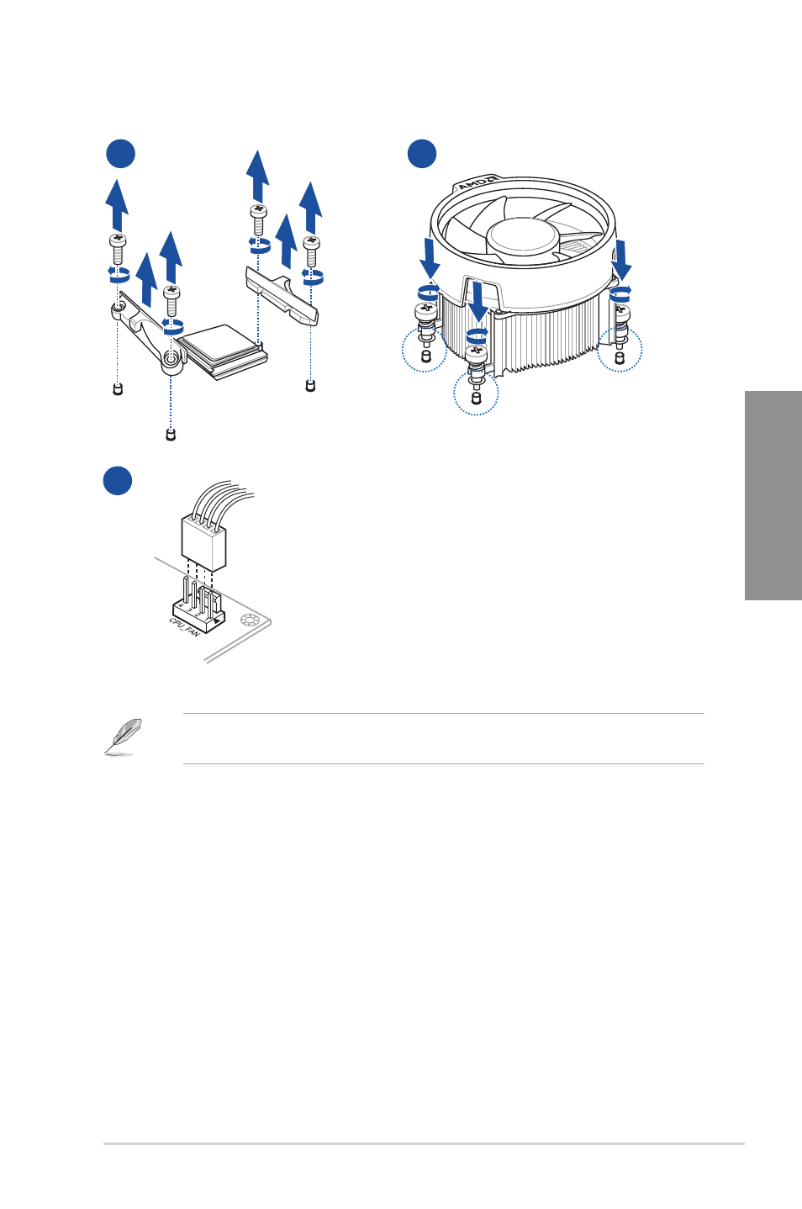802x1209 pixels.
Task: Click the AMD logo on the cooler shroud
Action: click(478, 182)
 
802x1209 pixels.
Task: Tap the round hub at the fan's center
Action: click(522, 237)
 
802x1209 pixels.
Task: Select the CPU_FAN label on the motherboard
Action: click(185, 626)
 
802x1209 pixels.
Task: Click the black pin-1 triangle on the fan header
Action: click(216, 621)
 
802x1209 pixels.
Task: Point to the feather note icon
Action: click(123, 736)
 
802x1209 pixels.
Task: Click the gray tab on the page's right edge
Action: click(773, 495)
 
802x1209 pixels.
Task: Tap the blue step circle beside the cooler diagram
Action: click(422, 153)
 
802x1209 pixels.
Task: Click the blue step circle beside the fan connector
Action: click(118, 480)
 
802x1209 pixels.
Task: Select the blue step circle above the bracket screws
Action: click(120, 153)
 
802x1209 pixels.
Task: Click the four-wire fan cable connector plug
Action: click(203, 542)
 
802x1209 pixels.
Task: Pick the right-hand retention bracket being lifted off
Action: click(282, 296)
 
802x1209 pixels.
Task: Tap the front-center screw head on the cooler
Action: click(477, 353)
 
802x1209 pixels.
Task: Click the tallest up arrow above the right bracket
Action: click(257, 177)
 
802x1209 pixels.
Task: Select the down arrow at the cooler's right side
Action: click(622, 260)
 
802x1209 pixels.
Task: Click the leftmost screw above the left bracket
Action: click(118, 249)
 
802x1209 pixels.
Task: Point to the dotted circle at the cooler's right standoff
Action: click(620, 349)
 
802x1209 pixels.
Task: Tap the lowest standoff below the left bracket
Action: click(171, 435)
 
